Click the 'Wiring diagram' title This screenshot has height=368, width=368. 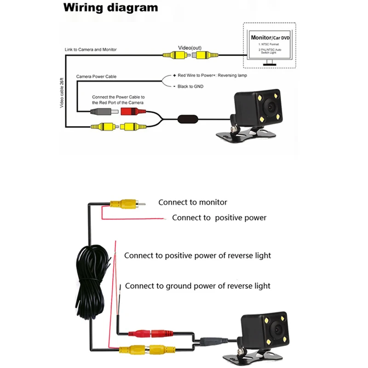pos(110,8)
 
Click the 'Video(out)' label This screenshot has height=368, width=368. pos(190,47)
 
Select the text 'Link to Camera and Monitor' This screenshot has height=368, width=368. pos(91,50)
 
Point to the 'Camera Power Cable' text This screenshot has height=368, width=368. pos(96,76)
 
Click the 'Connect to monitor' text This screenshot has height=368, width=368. pos(193,202)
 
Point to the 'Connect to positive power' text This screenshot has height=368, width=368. pos(219,218)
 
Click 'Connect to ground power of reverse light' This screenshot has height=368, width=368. pos(198,286)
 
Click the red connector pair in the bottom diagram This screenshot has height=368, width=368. pos(152,332)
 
